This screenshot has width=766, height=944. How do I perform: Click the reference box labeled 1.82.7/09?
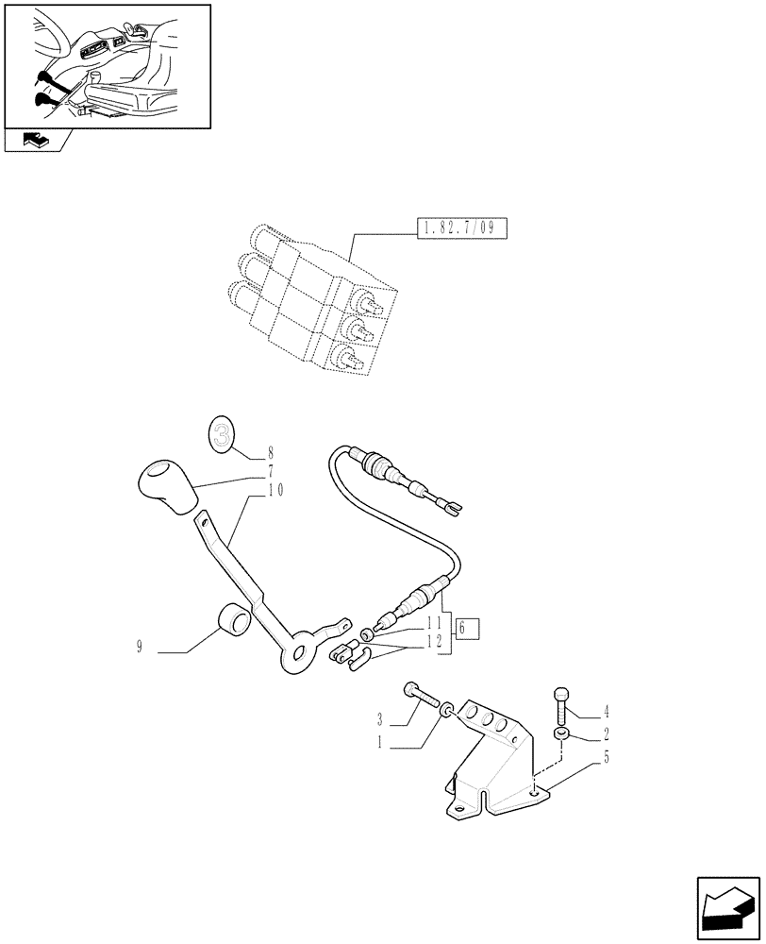click(460, 228)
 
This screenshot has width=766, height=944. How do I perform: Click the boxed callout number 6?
click(467, 628)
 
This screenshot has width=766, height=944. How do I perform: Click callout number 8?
click(270, 452)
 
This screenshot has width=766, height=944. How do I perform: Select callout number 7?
click(270, 470)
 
